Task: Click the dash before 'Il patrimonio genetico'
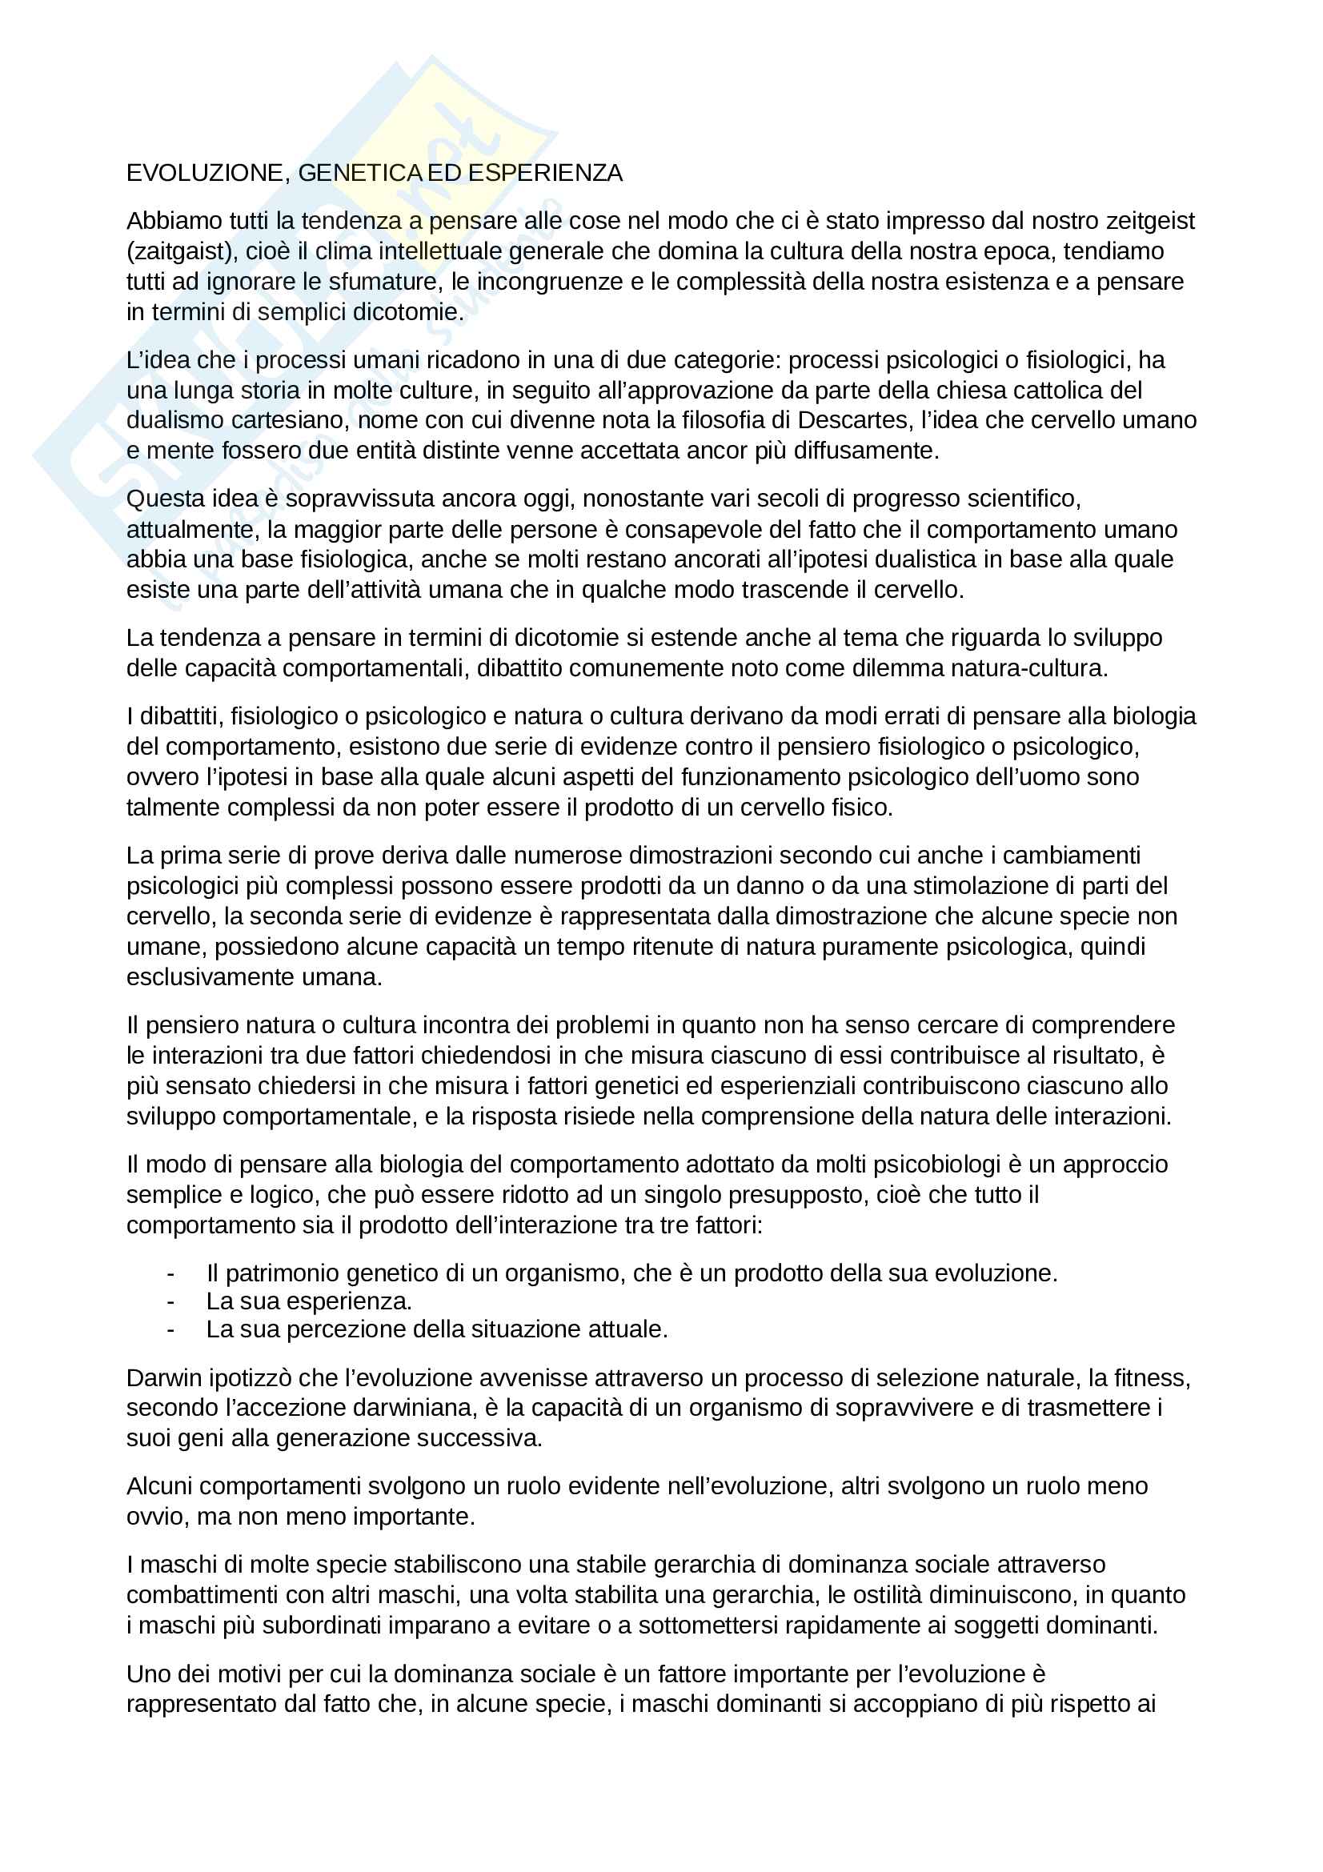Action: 170,1273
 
